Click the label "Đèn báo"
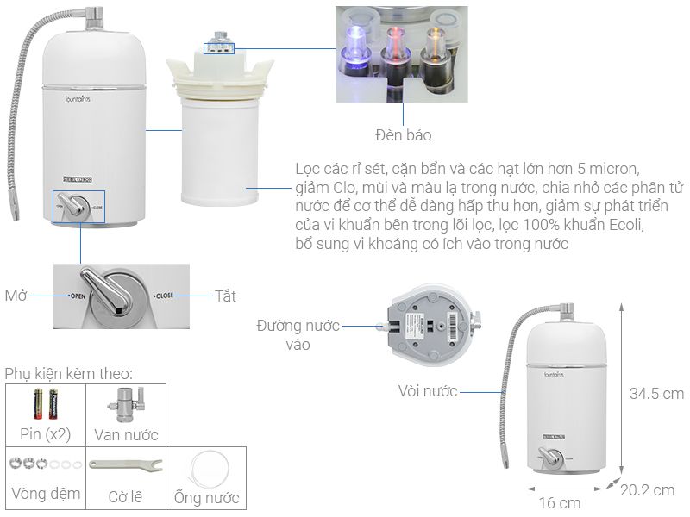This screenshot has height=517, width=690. pyautogui.click(x=403, y=135)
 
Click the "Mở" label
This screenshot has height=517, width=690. pyautogui.click(x=16, y=296)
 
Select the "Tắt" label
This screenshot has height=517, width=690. pyautogui.click(x=225, y=296)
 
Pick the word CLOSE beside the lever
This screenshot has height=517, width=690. pyautogui.click(x=164, y=296)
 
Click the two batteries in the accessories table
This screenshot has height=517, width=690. pyautogui.click(x=46, y=402)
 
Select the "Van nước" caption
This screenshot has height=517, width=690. pyautogui.click(x=126, y=434)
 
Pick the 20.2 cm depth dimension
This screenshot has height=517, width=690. pyautogui.click(x=647, y=489)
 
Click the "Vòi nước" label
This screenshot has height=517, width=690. pyautogui.click(x=428, y=391)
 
